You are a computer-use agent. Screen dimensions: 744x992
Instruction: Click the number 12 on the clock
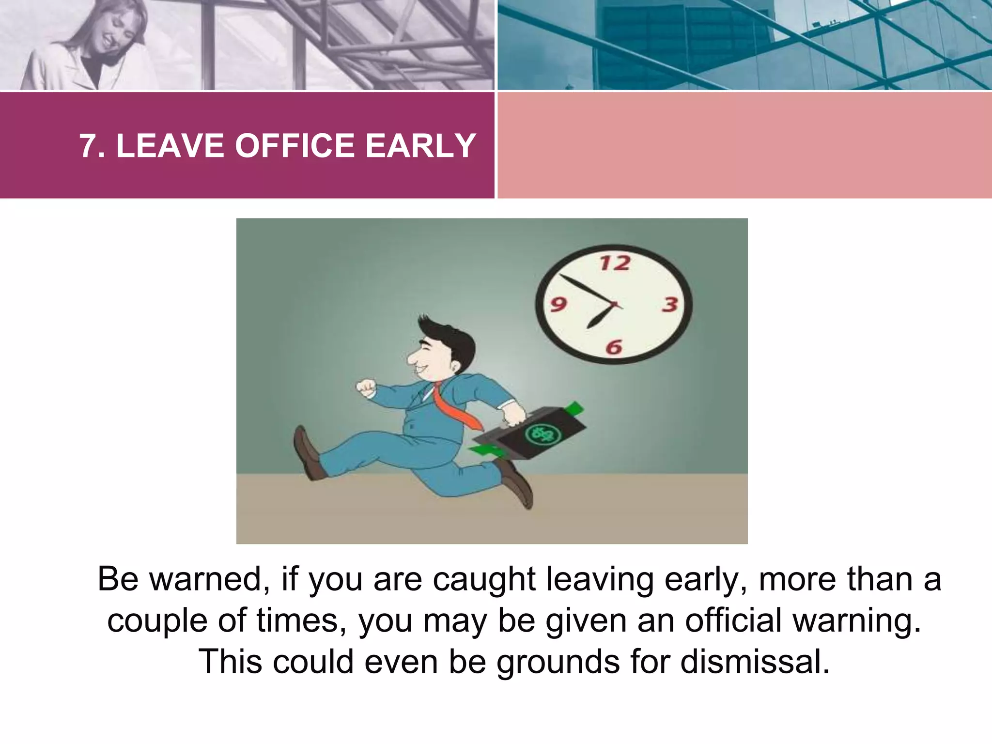[x=615, y=263]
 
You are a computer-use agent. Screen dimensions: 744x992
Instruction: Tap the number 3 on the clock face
[x=670, y=305]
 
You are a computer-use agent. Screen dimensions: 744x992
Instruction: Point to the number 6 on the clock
[x=614, y=347]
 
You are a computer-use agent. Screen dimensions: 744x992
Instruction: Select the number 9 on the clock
[x=558, y=305]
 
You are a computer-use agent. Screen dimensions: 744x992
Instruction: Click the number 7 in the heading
[x=87, y=145]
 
